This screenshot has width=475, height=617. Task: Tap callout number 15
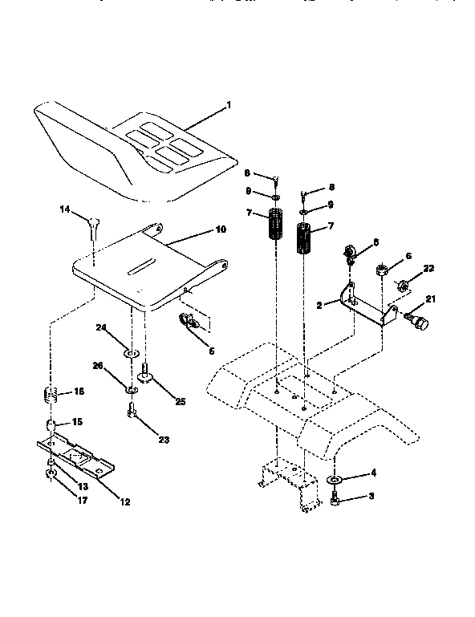78,421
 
